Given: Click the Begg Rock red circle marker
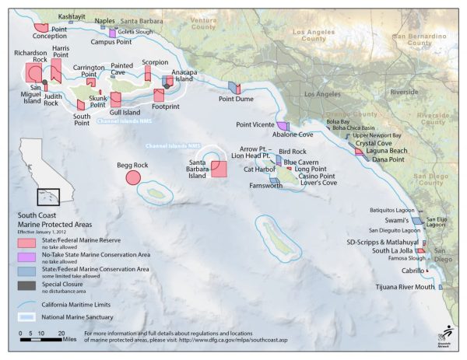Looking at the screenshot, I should tap(132, 177).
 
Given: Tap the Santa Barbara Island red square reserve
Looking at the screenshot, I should tap(218, 170).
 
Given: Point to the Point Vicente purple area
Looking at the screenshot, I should tap(283, 126).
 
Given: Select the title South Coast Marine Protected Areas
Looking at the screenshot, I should tap(51, 221).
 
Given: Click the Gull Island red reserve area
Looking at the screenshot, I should tap(116, 99).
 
